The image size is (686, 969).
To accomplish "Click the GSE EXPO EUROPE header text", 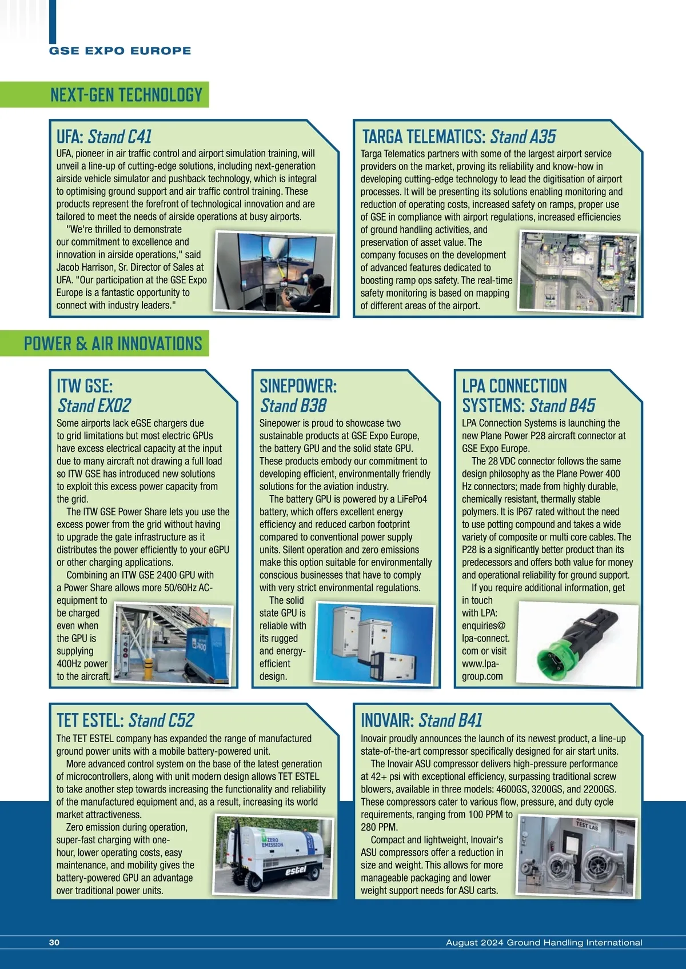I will (x=120, y=51).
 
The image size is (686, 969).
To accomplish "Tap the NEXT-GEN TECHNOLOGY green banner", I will (x=126, y=95).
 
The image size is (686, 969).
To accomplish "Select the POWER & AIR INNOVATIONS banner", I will (x=113, y=343).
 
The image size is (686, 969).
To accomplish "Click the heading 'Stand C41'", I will (x=119, y=137).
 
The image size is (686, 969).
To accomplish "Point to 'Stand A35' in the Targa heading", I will (x=523, y=137).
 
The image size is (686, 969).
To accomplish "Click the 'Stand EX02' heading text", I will (x=94, y=406).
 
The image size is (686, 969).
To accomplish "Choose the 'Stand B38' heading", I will (x=293, y=406).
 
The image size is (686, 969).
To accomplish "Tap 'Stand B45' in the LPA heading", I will (x=562, y=406).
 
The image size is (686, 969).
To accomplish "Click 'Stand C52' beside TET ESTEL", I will (x=161, y=720).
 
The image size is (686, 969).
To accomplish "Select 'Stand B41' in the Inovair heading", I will (x=450, y=720).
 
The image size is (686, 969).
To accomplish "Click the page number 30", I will (x=54, y=943).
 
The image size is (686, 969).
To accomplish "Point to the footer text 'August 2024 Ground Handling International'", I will (x=544, y=943).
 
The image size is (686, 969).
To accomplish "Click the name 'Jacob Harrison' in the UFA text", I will (x=85, y=267).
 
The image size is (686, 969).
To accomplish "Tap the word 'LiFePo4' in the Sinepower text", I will (x=411, y=499).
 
